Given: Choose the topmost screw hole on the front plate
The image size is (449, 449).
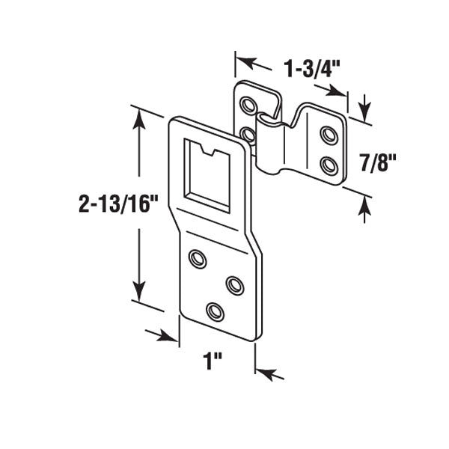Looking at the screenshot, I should [198, 258].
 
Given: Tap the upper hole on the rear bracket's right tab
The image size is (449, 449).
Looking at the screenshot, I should [328, 135].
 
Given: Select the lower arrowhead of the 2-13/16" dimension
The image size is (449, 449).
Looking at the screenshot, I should [138, 293].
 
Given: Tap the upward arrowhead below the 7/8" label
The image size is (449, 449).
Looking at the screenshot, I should [365, 210].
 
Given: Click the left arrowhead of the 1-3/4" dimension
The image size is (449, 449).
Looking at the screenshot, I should [243, 59].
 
